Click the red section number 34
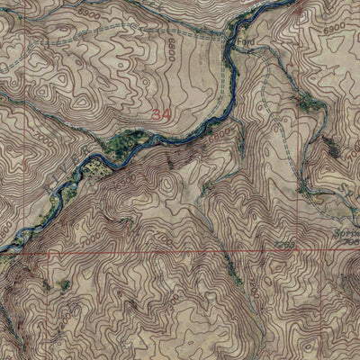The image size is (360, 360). pos(161,114)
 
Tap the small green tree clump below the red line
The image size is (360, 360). pos(65,285)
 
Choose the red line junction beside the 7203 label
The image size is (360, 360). pos(298,253)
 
